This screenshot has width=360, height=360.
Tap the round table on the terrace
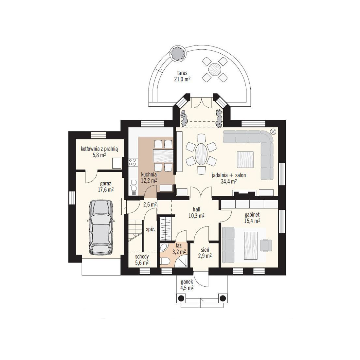click(215, 69)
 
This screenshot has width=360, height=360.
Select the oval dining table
click(201, 154)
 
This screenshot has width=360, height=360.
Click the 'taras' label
click(182, 73)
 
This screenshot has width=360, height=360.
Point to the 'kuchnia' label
click(149, 174)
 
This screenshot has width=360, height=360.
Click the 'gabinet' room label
click(252, 215)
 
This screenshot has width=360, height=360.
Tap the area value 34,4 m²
click(229, 181)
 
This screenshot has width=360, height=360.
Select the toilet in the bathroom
click(165, 261)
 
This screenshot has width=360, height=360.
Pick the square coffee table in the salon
click(245, 160)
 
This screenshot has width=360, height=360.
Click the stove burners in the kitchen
click(132, 162)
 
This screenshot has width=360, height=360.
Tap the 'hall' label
click(196, 209)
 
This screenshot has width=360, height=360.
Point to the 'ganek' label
click(187, 282)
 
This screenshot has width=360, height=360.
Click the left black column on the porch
click(181, 298)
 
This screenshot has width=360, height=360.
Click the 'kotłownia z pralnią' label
click(99, 149)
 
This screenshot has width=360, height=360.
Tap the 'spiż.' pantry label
click(151, 229)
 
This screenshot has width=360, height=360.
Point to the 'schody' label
click(142, 257)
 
